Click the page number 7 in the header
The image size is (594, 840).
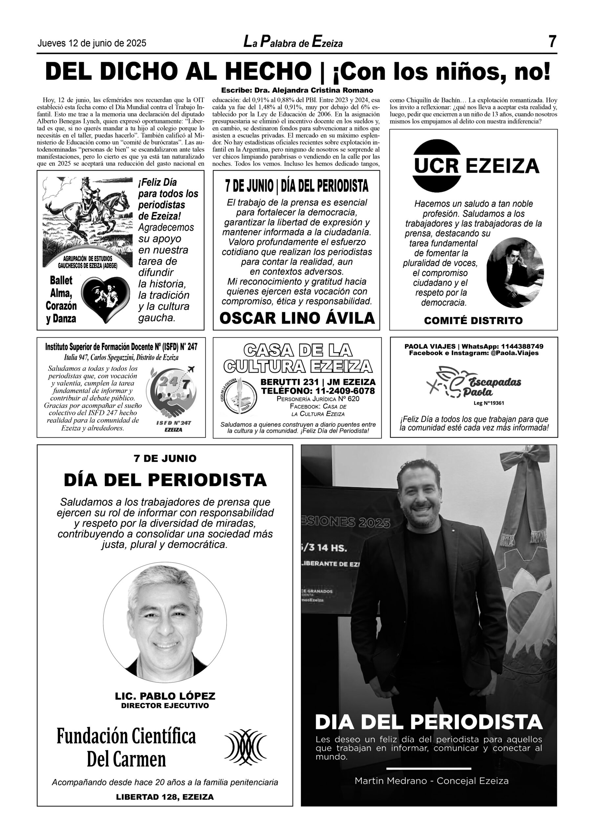coord(552,42)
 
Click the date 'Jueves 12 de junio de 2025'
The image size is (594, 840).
coord(92,44)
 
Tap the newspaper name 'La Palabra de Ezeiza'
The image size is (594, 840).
coord(293,43)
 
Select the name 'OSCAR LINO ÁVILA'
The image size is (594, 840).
coord(297,318)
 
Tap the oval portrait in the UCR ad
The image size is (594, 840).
coord(515,273)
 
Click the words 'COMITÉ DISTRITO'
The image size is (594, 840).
coord(473,321)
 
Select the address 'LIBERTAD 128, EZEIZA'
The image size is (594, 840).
coord(165,797)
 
